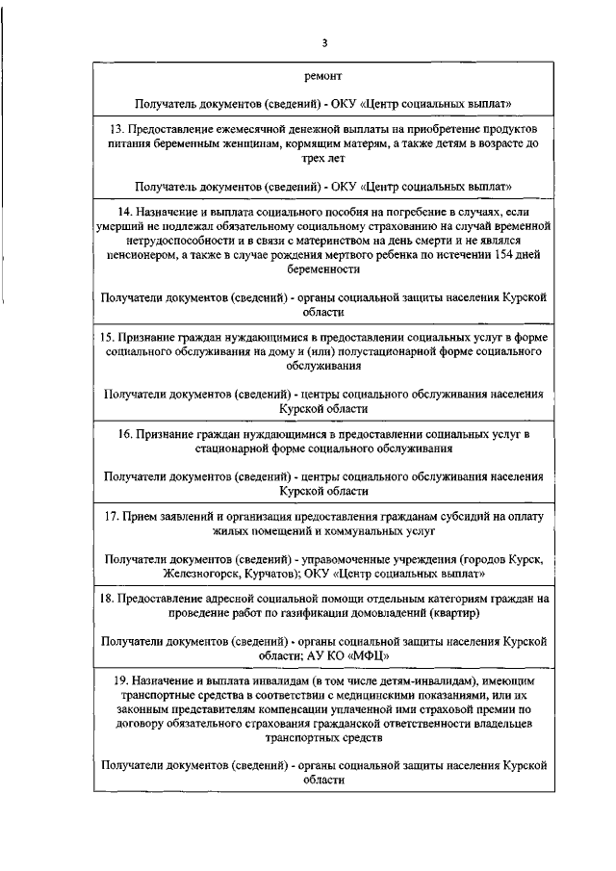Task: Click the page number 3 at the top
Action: pyautogui.click(x=325, y=42)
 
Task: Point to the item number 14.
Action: pyautogui.click(x=125, y=210)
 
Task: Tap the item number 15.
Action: pyautogui.click(x=108, y=339)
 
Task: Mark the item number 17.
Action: pyautogui.click(x=112, y=517)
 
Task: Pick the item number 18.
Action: pyautogui.click(x=107, y=599)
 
